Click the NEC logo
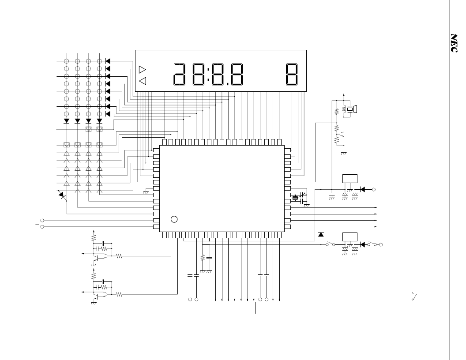(x=454, y=43)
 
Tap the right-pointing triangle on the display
(x=143, y=70)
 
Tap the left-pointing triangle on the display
(x=143, y=81)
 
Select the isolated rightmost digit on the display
(x=292, y=74)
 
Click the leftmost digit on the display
(x=180, y=74)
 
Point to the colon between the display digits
(x=209, y=74)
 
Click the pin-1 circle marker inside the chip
(x=174, y=219)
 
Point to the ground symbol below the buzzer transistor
(x=344, y=153)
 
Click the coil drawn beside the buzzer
(x=345, y=109)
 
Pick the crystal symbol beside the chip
(x=295, y=198)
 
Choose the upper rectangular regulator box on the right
(x=350, y=179)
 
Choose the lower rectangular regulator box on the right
(x=350, y=237)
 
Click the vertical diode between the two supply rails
(x=321, y=234)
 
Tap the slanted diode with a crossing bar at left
(x=62, y=195)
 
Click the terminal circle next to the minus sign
(x=42, y=227)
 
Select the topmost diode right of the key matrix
(x=108, y=61)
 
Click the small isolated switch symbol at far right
(x=414, y=296)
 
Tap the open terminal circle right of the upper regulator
(x=374, y=190)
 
